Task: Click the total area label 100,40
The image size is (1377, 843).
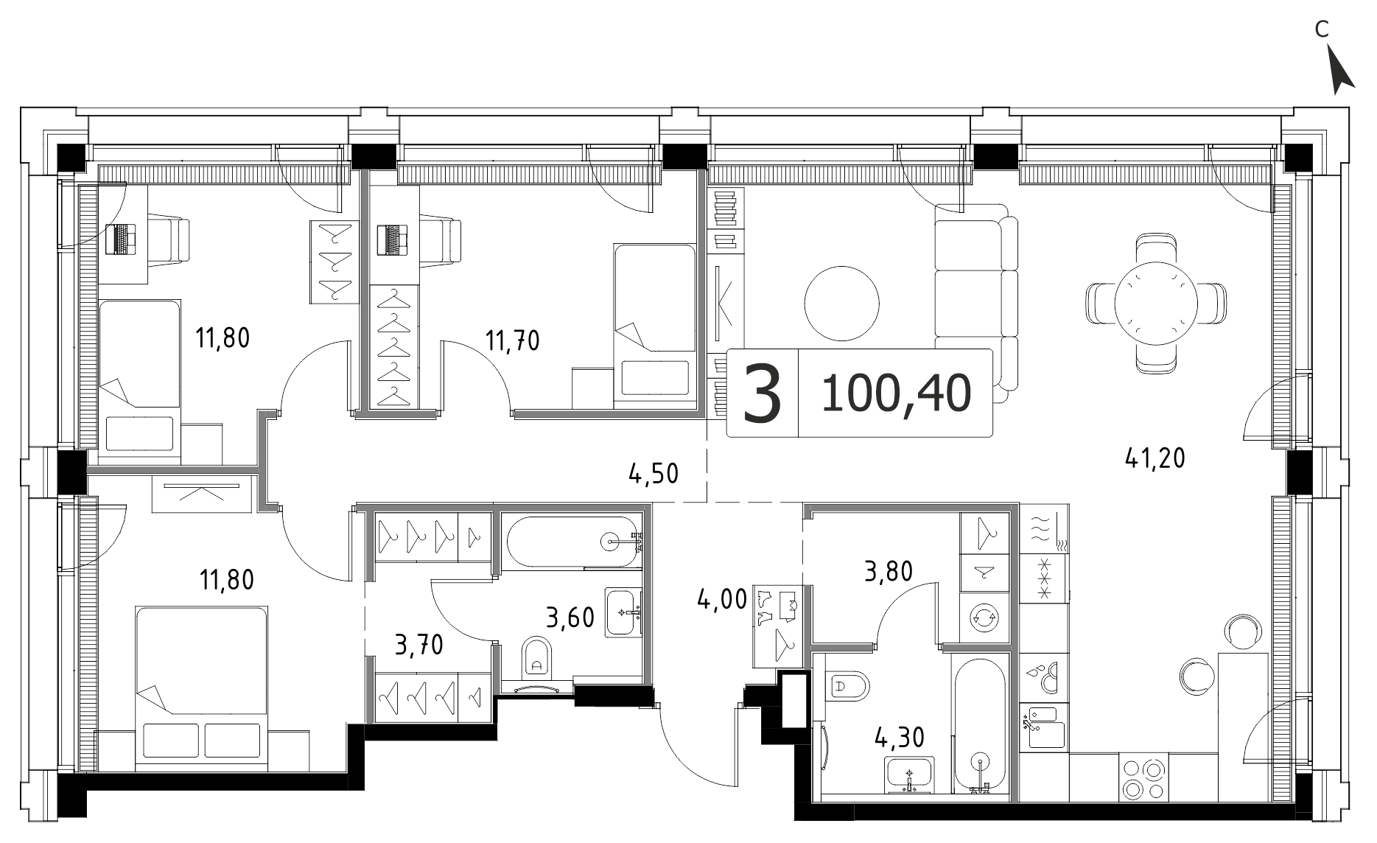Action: pyautogui.click(x=895, y=393)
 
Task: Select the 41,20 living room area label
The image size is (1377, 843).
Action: pyautogui.click(x=1154, y=459)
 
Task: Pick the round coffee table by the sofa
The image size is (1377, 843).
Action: pyautogui.click(x=841, y=303)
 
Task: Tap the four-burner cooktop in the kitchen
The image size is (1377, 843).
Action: pyautogui.click(x=1143, y=778)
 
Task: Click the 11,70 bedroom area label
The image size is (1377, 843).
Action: pyautogui.click(x=512, y=340)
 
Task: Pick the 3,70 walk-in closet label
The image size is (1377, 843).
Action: pyautogui.click(x=419, y=646)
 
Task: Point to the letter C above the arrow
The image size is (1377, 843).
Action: pyautogui.click(x=1322, y=50)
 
